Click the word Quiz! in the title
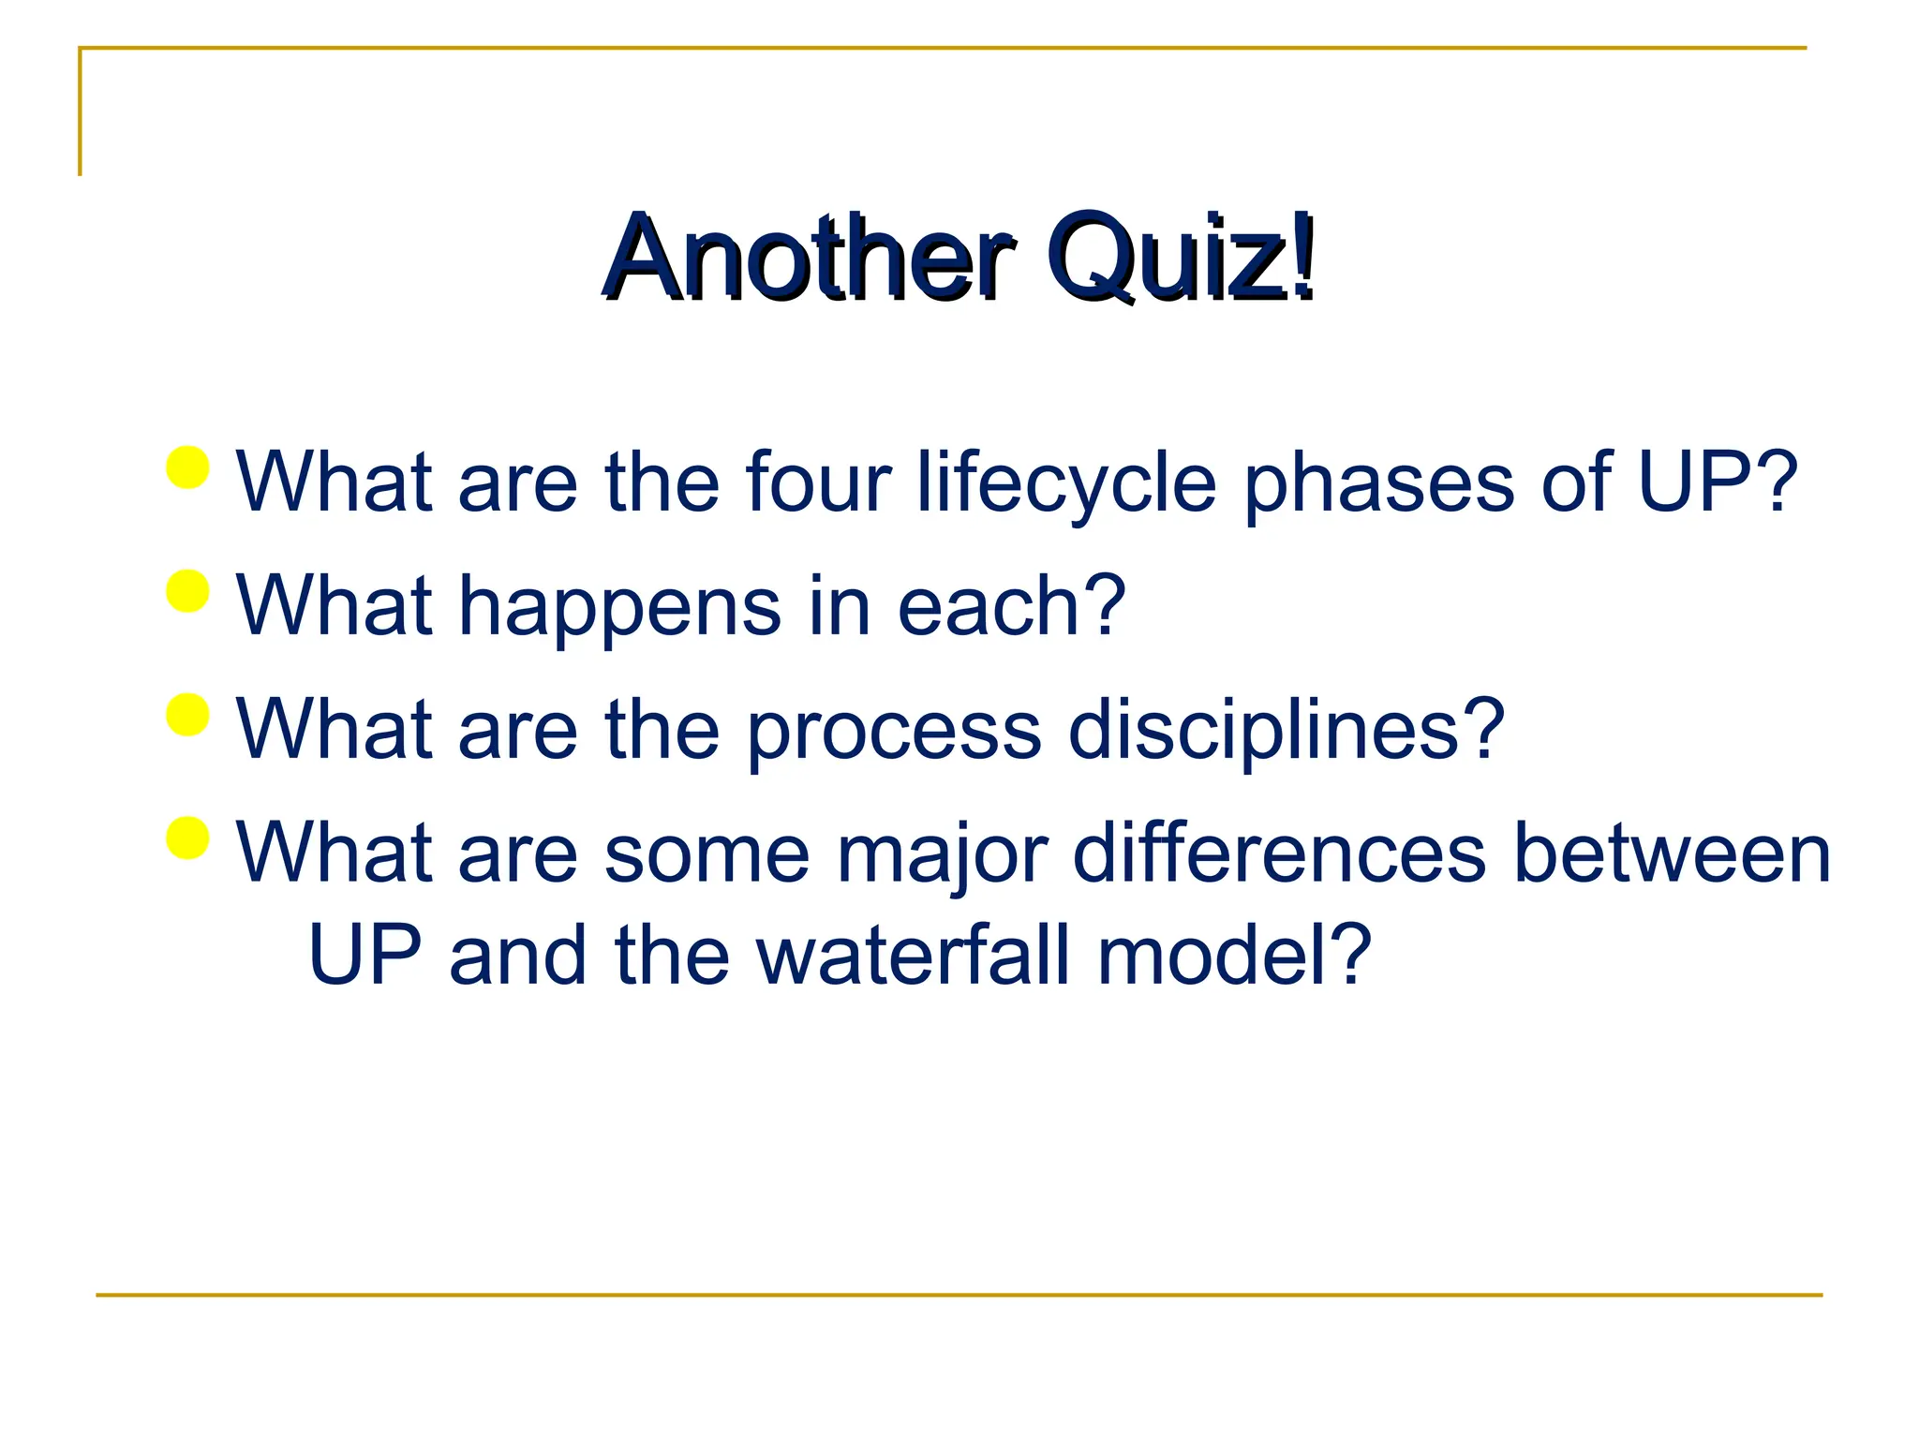(x=1181, y=257)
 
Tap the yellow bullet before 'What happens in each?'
(x=187, y=591)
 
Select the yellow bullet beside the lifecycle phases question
(x=187, y=467)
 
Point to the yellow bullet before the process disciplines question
(x=187, y=715)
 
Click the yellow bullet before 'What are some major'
(x=187, y=838)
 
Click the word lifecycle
(x=1066, y=483)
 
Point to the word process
(x=893, y=731)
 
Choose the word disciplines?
(x=1286, y=731)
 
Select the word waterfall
(x=913, y=956)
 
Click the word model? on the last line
(x=1234, y=956)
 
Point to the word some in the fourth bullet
(x=707, y=854)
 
